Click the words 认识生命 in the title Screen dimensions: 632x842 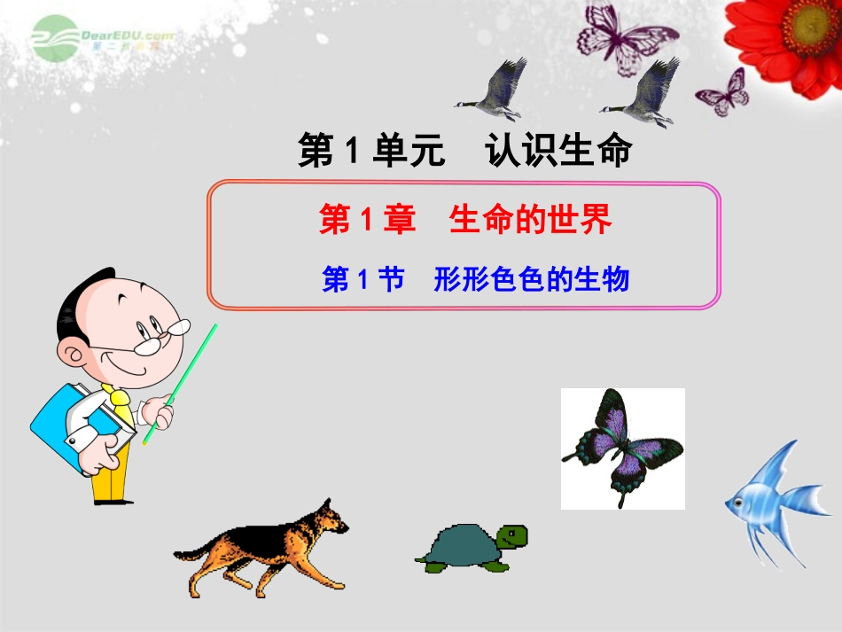point(558,152)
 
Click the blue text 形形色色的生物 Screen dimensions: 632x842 point(531,280)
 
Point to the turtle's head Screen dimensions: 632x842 point(511,535)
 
